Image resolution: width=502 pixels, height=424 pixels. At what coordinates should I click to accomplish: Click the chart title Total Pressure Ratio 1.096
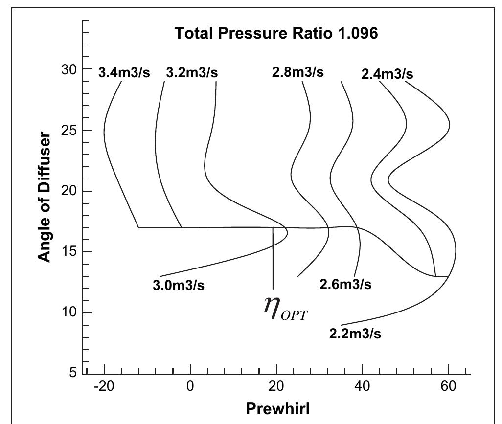pos(276,33)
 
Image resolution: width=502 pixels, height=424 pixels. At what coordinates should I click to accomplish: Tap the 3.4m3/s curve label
pos(124,73)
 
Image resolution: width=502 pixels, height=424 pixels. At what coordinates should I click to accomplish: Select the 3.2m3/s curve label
pos(192,73)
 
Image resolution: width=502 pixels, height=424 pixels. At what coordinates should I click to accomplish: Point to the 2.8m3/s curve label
pos(297,72)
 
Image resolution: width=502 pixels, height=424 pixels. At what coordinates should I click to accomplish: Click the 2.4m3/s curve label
pos(387,74)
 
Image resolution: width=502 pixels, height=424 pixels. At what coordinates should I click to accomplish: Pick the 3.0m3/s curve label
pos(179,286)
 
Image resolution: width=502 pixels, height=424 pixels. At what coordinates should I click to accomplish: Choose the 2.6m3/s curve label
pos(345,284)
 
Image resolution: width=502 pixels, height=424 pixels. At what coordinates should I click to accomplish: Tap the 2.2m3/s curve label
pos(355,334)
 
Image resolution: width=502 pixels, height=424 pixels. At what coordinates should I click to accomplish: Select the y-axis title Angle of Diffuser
pos(45,197)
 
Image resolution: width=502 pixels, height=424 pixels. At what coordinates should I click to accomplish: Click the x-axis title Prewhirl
pos(277,408)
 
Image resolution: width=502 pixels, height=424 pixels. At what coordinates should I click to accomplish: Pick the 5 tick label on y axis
pos(74,373)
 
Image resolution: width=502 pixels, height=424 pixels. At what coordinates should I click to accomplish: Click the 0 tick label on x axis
pos(190,386)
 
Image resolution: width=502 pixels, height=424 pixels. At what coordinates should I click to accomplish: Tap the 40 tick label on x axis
pos(362,386)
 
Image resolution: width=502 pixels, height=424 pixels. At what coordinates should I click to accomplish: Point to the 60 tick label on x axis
pos(448,386)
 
